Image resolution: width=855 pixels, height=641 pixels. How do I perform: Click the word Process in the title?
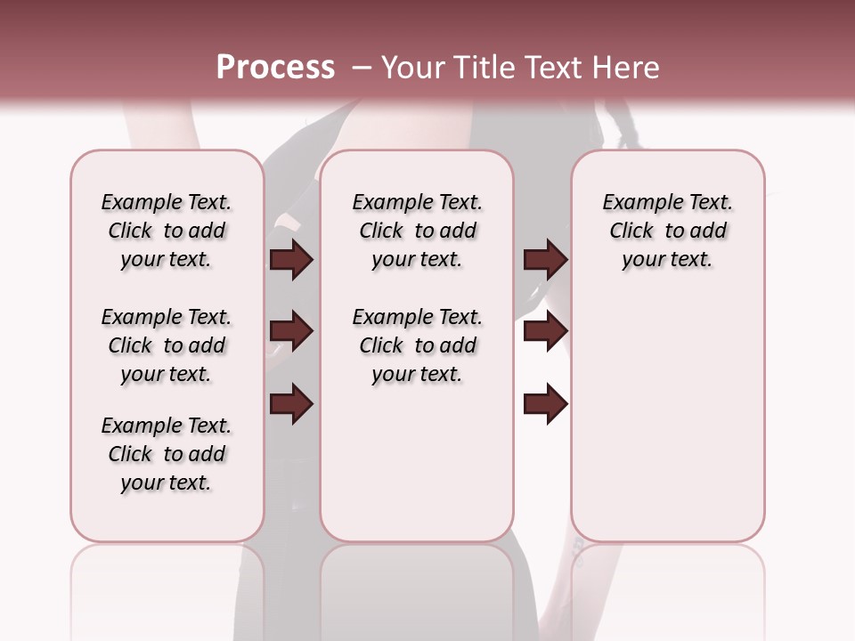(275, 68)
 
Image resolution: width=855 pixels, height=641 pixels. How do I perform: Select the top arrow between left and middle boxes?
(291, 259)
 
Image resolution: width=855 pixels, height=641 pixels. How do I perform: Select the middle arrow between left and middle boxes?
(291, 332)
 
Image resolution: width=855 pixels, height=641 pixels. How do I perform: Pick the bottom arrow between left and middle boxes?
(291, 403)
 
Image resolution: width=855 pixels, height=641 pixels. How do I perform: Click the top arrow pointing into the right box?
(545, 259)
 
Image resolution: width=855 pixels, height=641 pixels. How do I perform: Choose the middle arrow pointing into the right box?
(545, 332)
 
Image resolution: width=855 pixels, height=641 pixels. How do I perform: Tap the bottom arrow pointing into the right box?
(545, 403)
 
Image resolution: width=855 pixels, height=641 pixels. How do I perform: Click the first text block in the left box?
(167, 231)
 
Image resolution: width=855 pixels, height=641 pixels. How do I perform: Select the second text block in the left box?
(167, 345)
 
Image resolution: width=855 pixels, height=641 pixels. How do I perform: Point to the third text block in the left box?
(167, 454)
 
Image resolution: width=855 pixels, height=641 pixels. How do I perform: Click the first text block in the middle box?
(417, 231)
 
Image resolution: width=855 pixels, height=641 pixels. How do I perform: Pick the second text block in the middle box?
(417, 345)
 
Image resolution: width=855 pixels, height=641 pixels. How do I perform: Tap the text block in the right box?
(667, 231)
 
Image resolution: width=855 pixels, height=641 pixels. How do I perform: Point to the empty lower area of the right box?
(667, 418)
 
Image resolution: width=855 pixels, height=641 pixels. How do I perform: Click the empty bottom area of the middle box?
(417, 472)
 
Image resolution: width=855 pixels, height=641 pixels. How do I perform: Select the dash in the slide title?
(361, 68)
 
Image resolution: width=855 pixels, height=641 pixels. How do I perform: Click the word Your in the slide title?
(415, 68)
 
